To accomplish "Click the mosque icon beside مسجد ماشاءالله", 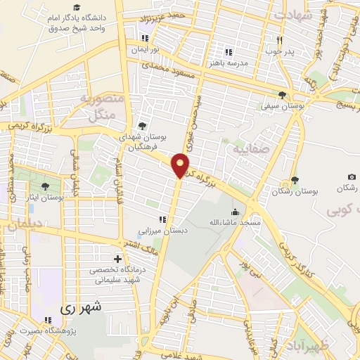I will click(x=234, y=212).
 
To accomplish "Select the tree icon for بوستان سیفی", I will click(x=283, y=95).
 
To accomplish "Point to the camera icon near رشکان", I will click(x=352, y=176).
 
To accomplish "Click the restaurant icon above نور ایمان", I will click(x=145, y=39).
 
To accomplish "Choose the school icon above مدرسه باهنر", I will click(x=227, y=51).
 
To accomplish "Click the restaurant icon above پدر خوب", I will click(x=280, y=39).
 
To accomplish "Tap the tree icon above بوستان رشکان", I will click(x=295, y=180).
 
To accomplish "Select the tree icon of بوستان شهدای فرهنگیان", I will click(x=143, y=127).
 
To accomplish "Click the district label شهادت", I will click(x=292, y=15).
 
